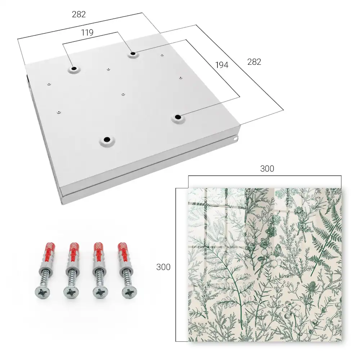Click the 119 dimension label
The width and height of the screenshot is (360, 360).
87,33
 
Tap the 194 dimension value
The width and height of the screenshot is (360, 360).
222,65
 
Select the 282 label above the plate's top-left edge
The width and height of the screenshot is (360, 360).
79,14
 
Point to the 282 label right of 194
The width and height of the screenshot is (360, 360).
254,62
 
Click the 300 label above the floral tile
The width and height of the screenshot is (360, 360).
267,169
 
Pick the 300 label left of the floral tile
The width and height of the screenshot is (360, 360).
163,267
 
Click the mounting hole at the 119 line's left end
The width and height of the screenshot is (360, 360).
74,68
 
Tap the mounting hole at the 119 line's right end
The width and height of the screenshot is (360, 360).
133,54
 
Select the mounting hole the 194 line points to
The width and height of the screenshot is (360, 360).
177,117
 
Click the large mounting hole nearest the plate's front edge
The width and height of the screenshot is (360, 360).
107,139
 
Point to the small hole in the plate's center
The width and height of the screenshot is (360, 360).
123,94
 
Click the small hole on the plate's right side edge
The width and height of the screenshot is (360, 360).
235,139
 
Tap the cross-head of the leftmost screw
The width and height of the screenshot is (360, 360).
42,292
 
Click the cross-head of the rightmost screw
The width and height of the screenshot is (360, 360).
129,292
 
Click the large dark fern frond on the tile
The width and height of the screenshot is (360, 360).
327,237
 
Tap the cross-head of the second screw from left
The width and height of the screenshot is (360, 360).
71,292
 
